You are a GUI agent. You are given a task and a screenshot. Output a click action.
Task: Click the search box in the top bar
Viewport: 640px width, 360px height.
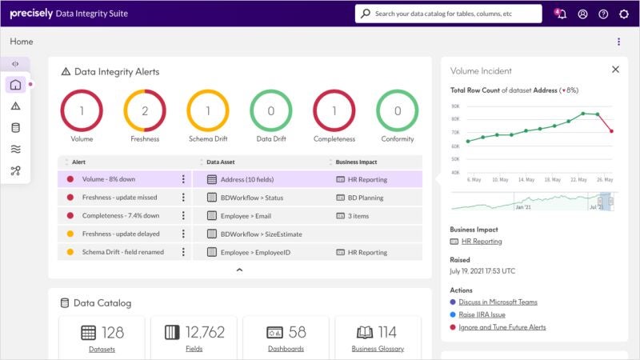pos(448,14)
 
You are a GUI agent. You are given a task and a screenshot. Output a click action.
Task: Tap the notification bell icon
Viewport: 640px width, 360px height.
pos(561,14)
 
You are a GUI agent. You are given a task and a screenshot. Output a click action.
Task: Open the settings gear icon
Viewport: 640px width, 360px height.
pos(624,14)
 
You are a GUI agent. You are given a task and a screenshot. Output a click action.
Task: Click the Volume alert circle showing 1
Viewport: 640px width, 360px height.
pos(82,111)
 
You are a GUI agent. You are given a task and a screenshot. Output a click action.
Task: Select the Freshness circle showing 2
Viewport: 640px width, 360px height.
pos(145,111)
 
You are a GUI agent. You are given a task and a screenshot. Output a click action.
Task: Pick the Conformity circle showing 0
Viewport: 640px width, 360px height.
pos(398,111)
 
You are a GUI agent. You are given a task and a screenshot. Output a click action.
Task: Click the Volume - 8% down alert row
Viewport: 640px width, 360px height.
pos(120,179)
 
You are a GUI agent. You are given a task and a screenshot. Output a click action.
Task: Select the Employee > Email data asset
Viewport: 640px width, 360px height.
pos(246,215)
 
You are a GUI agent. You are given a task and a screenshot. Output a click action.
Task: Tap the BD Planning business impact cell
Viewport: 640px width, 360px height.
pos(365,198)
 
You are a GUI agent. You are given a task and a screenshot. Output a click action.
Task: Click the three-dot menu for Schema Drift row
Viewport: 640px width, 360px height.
pos(183,252)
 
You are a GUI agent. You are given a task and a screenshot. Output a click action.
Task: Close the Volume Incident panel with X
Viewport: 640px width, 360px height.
pos(615,70)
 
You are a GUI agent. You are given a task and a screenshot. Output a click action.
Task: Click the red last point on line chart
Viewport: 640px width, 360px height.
pos(611,130)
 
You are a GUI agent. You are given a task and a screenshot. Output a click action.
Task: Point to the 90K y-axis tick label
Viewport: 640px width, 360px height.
pos(454,106)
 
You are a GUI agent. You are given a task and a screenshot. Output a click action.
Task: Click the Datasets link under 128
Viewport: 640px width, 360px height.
pos(101,349)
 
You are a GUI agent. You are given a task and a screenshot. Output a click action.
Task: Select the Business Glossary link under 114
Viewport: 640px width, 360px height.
pos(378,349)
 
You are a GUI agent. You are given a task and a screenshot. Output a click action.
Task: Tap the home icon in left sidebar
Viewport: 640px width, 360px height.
pos(16,85)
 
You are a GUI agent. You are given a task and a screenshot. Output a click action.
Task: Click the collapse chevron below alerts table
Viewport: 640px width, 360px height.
pos(239,270)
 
